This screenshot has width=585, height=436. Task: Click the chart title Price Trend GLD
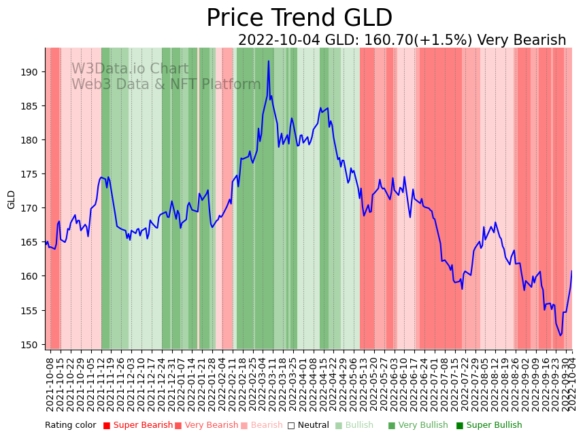coord(299,18)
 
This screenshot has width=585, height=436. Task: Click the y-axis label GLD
coord(12,199)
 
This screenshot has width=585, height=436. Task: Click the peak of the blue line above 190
coord(269,61)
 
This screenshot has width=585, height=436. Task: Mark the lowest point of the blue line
coord(561,335)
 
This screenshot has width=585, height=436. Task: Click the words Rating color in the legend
coord(71,426)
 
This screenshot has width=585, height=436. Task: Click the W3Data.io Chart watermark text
coord(130,69)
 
